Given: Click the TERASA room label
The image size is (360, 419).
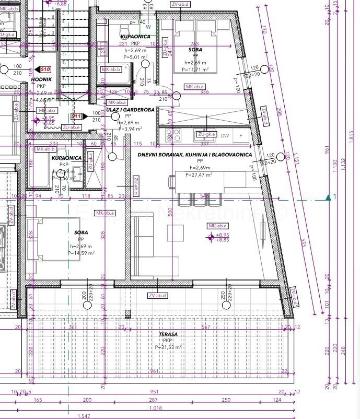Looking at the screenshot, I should coord(169,334).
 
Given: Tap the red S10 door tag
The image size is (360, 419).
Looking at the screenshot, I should coord(45,69).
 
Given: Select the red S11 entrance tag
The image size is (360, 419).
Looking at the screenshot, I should coord(76,116).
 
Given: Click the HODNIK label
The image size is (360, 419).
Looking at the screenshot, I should coord(41,79).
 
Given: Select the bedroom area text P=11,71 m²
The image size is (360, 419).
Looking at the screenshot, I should coord(195,69).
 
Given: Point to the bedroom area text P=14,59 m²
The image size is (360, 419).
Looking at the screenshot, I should coord(81,253).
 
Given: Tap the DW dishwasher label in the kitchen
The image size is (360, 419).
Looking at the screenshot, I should coord(225,136).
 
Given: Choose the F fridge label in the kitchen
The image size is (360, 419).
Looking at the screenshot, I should coord(240,136).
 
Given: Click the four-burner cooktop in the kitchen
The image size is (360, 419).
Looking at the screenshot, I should coord(172,135).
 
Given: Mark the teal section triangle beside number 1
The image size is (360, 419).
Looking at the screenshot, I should coord(328,197).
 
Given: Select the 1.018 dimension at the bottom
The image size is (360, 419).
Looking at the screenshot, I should coord(155,408).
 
